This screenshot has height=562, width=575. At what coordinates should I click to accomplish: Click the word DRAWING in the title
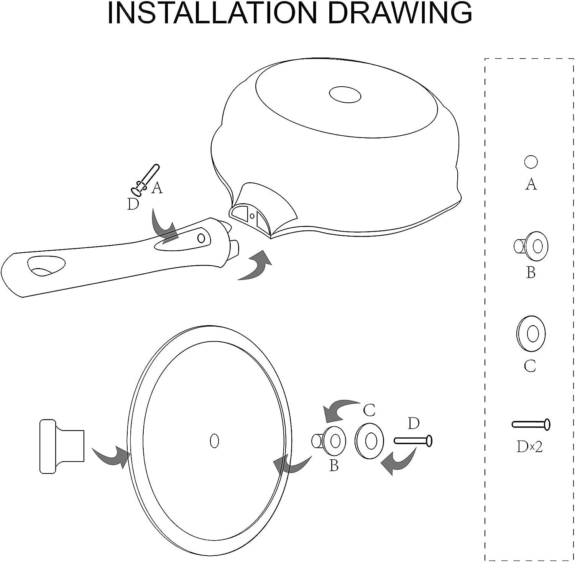(401, 13)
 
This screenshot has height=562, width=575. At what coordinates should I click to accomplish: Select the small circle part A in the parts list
(531, 162)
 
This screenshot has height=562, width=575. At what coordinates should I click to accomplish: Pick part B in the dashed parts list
(531, 246)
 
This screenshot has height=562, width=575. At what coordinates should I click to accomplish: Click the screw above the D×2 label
(531, 424)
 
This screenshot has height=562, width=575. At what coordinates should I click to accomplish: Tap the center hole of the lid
(215, 441)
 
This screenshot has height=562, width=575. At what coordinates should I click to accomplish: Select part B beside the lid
(329, 441)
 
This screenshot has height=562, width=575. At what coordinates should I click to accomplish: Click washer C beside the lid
(369, 441)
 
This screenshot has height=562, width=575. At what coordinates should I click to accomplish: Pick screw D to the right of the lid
(413, 441)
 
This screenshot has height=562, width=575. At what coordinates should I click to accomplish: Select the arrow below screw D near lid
(399, 462)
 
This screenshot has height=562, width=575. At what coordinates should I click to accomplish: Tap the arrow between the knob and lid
(111, 455)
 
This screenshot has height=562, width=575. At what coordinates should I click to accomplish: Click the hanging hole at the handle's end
(46, 266)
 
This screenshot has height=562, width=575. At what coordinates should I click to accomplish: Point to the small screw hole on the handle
(201, 238)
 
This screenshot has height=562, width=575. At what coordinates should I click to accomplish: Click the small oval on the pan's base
(345, 94)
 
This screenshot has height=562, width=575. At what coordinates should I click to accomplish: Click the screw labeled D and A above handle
(146, 180)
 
